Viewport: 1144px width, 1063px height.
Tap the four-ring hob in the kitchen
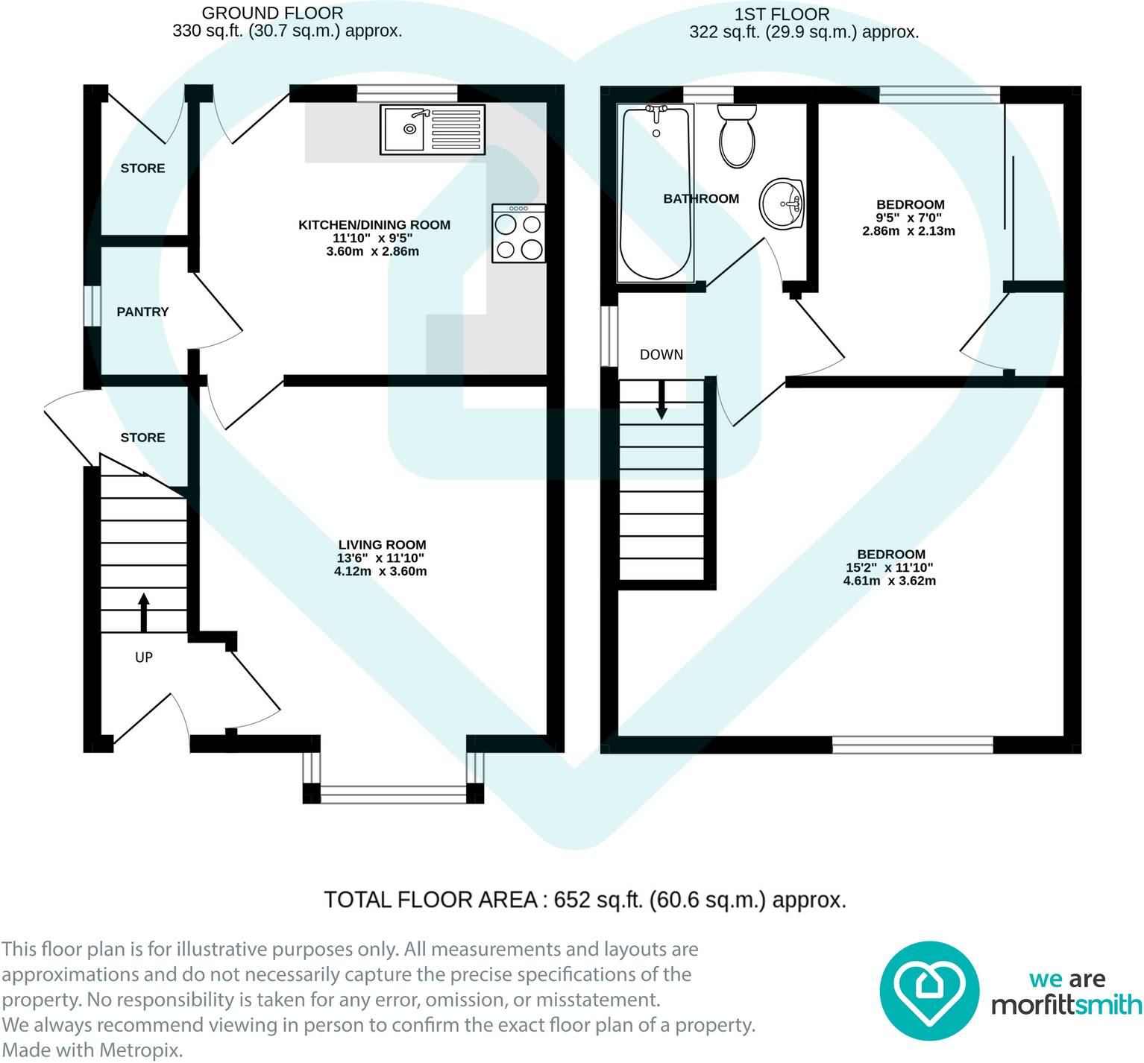pyautogui.click(x=519, y=234)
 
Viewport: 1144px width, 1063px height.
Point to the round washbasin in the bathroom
pyautogui.click(x=782, y=204)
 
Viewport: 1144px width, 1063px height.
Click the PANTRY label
pyautogui.click(x=142, y=312)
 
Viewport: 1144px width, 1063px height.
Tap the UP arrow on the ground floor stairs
pyautogui.click(x=144, y=612)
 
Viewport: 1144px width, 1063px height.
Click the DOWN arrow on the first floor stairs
pyautogui.click(x=661, y=401)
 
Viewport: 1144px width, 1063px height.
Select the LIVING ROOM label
pyautogui.click(x=382, y=545)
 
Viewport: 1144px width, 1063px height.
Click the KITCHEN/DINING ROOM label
pyautogui.click(x=374, y=225)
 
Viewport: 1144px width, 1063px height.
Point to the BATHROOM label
pyautogui.click(x=701, y=198)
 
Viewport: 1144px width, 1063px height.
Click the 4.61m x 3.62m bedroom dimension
pyautogui.click(x=889, y=581)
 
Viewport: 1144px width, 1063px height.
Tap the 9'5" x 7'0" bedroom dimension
pyautogui.click(x=908, y=218)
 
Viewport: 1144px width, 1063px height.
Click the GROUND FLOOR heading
pyautogui.click(x=272, y=13)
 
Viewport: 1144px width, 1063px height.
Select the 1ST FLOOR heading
pyautogui.click(x=782, y=14)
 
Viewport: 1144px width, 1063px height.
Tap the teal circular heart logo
pyautogui.click(x=928, y=991)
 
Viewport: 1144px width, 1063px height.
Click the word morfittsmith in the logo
pyautogui.click(x=1066, y=1005)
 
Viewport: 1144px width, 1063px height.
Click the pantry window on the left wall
pyautogui.click(x=92, y=306)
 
